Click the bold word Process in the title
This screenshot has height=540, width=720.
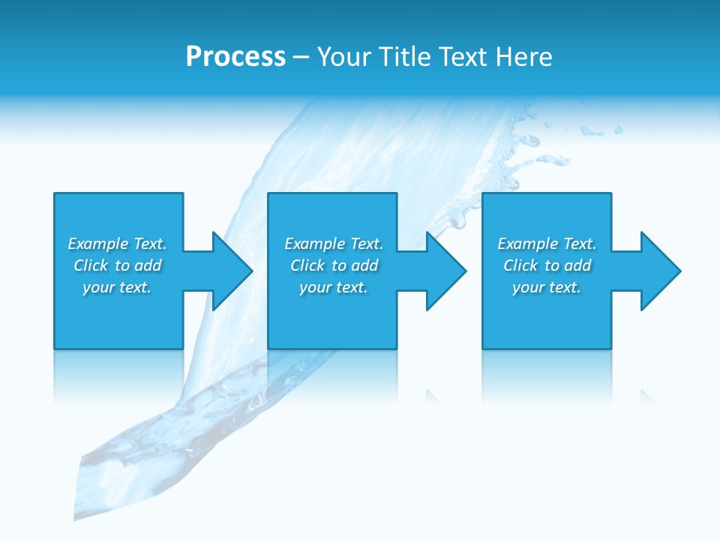coord(235,57)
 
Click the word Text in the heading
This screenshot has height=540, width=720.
coord(463,57)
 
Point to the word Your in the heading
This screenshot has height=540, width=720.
coord(344,57)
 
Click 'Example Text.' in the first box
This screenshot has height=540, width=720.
coord(117,244)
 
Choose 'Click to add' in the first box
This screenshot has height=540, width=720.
coord(118,265)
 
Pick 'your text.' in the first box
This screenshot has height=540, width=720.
coord(117,287)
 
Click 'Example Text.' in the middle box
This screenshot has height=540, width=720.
coord(334,244)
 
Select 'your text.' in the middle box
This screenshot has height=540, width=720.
coord(334,287)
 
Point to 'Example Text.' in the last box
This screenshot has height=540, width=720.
coord(547,244)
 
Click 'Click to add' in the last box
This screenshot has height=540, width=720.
coord(547,265)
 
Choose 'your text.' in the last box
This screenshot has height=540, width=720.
coord(547,287)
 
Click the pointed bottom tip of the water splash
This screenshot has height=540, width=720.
coord(76,517)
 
